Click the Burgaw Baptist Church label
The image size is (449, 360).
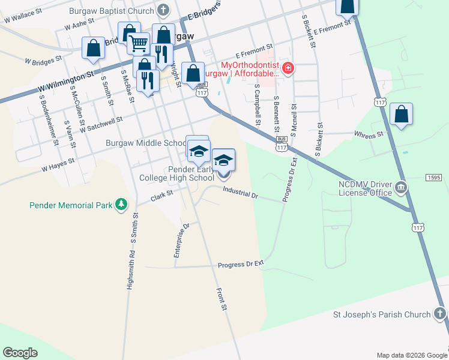coord(112,10)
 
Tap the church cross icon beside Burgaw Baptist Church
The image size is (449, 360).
coord(163,10)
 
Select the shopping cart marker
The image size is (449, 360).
coord(138,43)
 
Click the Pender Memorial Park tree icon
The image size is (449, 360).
coord(122,205)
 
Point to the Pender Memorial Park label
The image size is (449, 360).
coord(71,205)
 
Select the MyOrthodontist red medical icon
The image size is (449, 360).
coord(289,68)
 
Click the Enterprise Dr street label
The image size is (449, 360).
coord(181,241)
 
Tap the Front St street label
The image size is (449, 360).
coord(223,299)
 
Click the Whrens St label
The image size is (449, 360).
coord(369,135)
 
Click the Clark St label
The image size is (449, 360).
coord(161,195)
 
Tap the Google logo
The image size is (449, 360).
coord(20,353)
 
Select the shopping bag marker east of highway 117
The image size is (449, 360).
coord(401,115)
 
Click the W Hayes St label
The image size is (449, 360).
coord(58,161)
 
